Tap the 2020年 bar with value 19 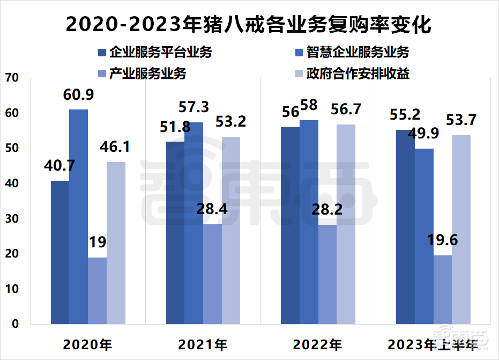[x=97, y=290]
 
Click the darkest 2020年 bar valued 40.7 [x=60, y=252]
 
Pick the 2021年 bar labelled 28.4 [x=213, y=274]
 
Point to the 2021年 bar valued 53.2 [x=231, y=230]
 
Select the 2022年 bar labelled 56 [x=291, y=225]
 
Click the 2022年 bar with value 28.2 [x=327, y=274]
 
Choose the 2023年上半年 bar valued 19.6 [x=442, y=289]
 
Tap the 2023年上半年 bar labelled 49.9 [x=424, y=236]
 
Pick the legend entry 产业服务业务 [x=142, y=74]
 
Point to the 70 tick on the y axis [x=12, y=78]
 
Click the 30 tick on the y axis [x=12, y=219]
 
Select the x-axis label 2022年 [x=318, y=344]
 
